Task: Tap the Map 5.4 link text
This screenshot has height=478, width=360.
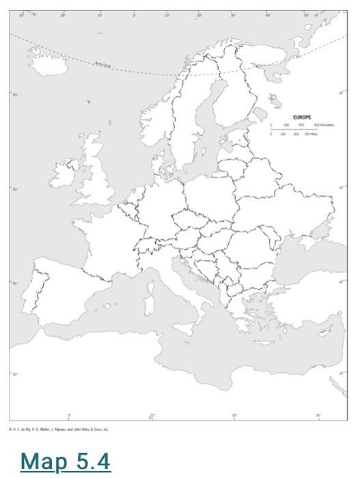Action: tap(66, 462)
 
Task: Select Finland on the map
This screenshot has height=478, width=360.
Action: tap(232, 102)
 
